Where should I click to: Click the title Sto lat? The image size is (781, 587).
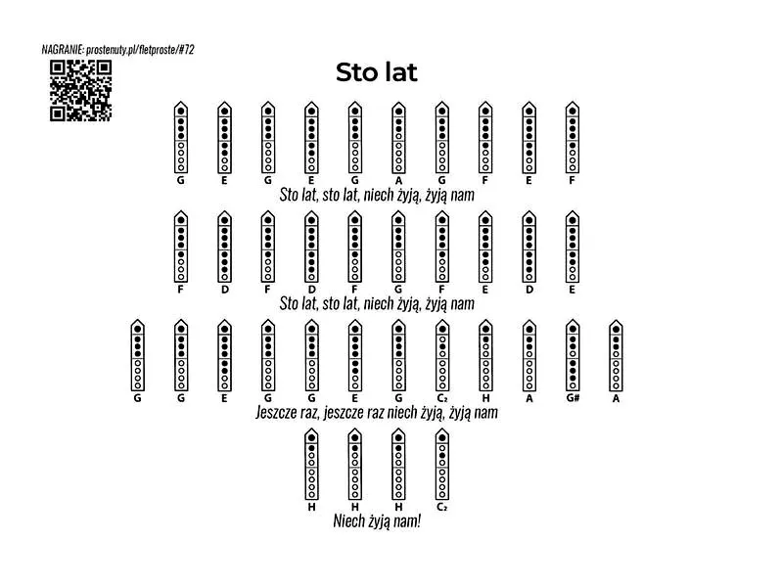(376, 72)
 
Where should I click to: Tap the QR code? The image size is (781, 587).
(80, 91)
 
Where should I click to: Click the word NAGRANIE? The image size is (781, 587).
(63, 49)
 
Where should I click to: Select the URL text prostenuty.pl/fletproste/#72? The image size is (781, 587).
(140, 49)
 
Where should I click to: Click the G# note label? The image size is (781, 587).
(573, 398)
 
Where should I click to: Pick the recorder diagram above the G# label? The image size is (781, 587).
(573, 355)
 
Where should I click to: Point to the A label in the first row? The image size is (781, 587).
(398, 180)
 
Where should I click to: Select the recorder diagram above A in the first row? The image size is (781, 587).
(398, 137)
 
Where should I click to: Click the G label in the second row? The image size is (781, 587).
(398, 290)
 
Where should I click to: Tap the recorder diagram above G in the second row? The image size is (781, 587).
(398, 247)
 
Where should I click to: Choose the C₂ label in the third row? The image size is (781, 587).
(442, 398)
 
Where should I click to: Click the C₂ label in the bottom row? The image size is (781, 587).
(442, 507)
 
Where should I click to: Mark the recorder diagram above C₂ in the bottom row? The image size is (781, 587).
(442, 464)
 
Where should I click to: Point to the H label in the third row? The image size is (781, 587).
(485, 398)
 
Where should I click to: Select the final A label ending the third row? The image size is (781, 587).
(617, 398)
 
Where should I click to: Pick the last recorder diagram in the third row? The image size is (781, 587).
(617, 355)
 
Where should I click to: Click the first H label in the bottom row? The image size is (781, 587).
(312, 507)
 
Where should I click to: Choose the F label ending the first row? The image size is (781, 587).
(573, 180)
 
